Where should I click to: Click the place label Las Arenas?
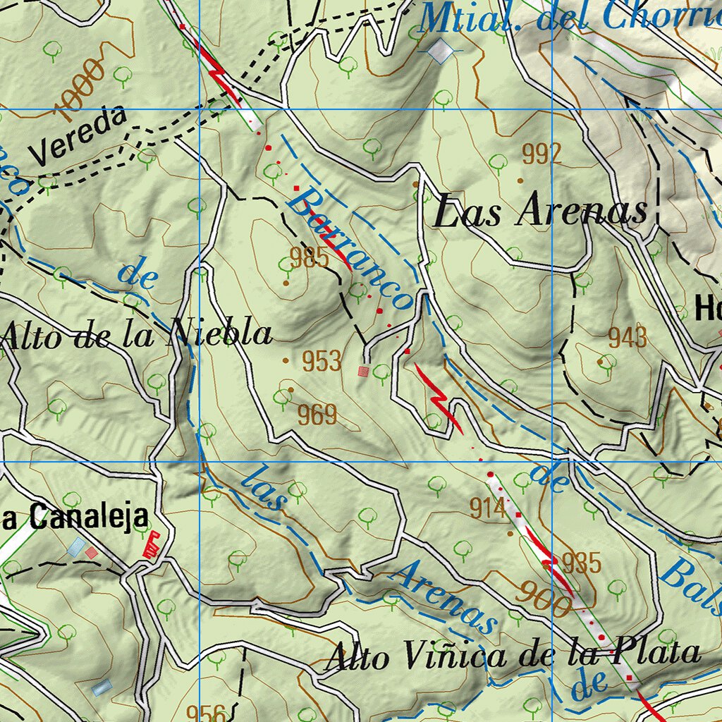click(540, 212)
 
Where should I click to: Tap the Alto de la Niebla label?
click(137, 334)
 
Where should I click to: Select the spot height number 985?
click(310, 258)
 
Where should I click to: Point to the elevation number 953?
click(322, 361)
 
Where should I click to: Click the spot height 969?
click(317, 415)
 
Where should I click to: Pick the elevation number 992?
click(541, 154)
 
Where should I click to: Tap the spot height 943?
click(628, 338)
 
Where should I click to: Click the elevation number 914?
click(489, 508)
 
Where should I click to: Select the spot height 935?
click(582, 563)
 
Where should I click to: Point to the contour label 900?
click(542, 599)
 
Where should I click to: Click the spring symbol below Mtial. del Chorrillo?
click(441, 50)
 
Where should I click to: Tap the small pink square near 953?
click(363, 371)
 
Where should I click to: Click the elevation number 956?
click(207, 712)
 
